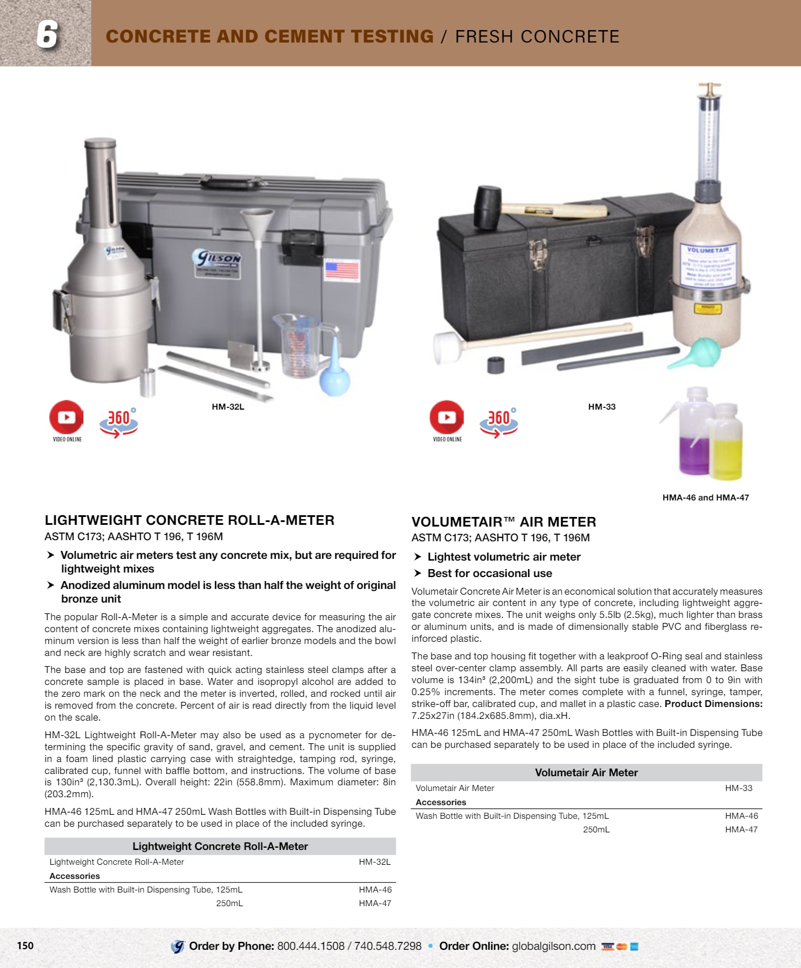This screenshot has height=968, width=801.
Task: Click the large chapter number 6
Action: coord(47,35)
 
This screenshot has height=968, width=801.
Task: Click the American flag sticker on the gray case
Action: coord(342,271)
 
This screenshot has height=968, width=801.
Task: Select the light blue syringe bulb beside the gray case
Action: coord(334,369)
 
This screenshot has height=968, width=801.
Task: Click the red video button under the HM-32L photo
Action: coord(66,417)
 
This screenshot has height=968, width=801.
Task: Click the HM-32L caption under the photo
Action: coord(228,407)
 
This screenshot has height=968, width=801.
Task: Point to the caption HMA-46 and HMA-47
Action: coord(706,498)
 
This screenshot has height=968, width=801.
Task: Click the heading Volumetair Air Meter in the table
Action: coord(587,772)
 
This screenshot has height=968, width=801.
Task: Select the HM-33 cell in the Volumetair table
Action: coord(739,788)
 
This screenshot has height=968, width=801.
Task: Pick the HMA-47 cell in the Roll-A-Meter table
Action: coord(375,903)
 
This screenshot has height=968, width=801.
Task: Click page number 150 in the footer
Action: coord(26,945)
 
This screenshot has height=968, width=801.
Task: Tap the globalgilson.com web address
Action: coord(554,946)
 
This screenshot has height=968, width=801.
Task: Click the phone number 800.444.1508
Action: coord(311,946)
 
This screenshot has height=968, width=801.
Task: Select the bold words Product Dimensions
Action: coord(714,704)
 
